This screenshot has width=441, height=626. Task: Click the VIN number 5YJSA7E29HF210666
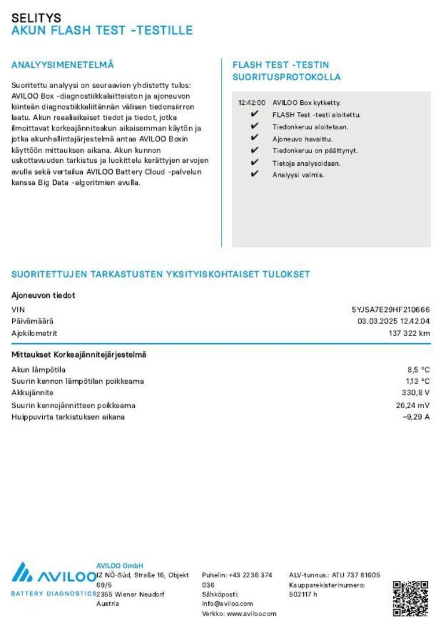(x=391, y=310)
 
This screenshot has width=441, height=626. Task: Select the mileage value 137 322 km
(x=409, y=333)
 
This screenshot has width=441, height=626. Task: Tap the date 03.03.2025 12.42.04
(x=394, y=321)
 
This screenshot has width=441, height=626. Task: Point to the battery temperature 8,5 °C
(x=418, y=369)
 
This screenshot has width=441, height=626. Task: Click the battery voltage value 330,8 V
(x=417, y=393)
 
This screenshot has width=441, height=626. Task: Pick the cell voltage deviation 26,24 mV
(x=413, y=405)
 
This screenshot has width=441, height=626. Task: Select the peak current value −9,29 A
(x=416, y=417)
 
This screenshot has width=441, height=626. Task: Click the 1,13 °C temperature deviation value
(x=417, y=381)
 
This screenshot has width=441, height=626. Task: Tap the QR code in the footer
(x=410, y=598)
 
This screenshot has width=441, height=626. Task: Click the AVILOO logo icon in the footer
(x=23, y=572)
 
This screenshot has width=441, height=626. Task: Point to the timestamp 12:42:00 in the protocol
(x=252, y=103)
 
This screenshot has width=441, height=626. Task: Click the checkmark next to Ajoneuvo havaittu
(x=254, y=139)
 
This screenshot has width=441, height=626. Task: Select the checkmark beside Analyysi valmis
(x=254, y=174)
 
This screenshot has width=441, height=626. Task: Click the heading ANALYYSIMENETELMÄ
(x=63, y=65)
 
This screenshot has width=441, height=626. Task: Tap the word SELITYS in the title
(x=36, y=18)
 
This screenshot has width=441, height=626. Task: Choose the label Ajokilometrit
(x=34, y=333)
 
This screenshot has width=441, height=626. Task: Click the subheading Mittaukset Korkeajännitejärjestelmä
(x=79, y=355)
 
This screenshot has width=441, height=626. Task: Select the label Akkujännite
(x=32, y=393)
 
